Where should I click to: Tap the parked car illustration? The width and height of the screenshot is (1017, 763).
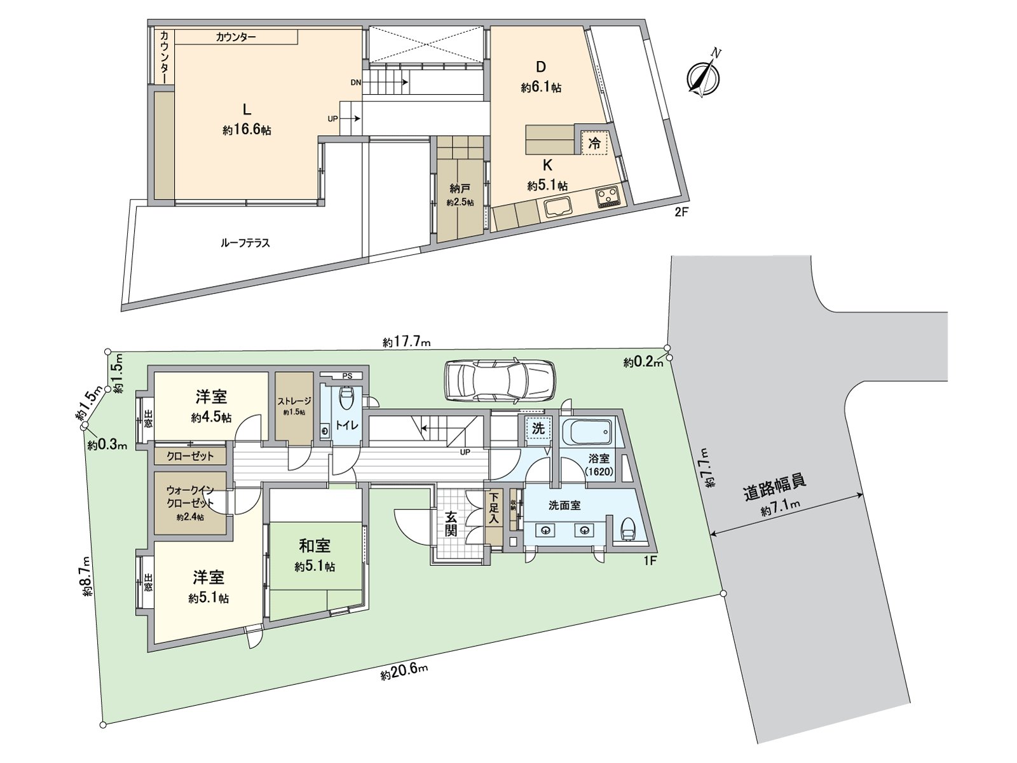(500, 380)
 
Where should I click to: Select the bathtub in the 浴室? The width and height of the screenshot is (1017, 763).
(588, 434)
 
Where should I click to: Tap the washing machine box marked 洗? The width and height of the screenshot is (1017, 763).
(538, 428)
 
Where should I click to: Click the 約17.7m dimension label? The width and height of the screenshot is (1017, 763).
(407, 342)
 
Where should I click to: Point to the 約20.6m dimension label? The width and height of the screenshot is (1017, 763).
(404, 673)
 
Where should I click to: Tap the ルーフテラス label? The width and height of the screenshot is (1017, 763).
(245, 243)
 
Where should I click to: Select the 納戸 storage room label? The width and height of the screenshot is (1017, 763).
(460, 188)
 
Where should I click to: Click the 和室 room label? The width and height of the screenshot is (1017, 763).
(315, 546)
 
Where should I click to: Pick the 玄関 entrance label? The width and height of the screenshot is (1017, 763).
(450, 523)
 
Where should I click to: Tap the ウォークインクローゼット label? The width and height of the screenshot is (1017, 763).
(189, 496)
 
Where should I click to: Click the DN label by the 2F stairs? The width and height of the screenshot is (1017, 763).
(355, 82)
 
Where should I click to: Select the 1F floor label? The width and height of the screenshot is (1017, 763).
(649, 561)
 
